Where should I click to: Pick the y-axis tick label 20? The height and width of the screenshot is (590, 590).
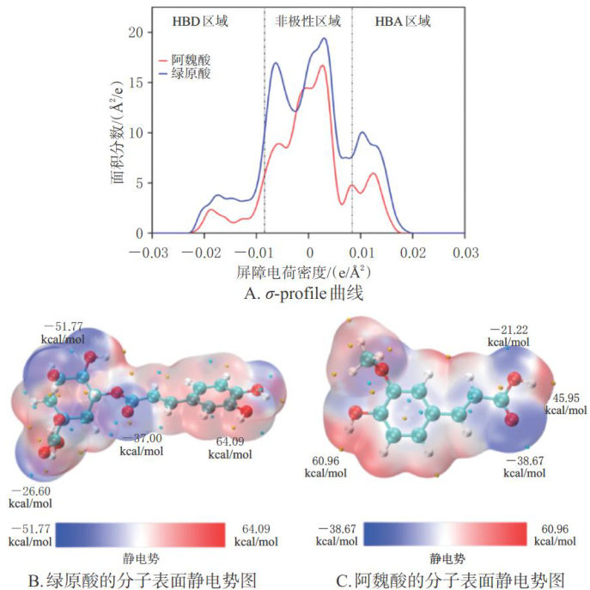coord(135,33)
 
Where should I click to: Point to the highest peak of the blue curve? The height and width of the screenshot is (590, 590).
coord(324,38)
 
